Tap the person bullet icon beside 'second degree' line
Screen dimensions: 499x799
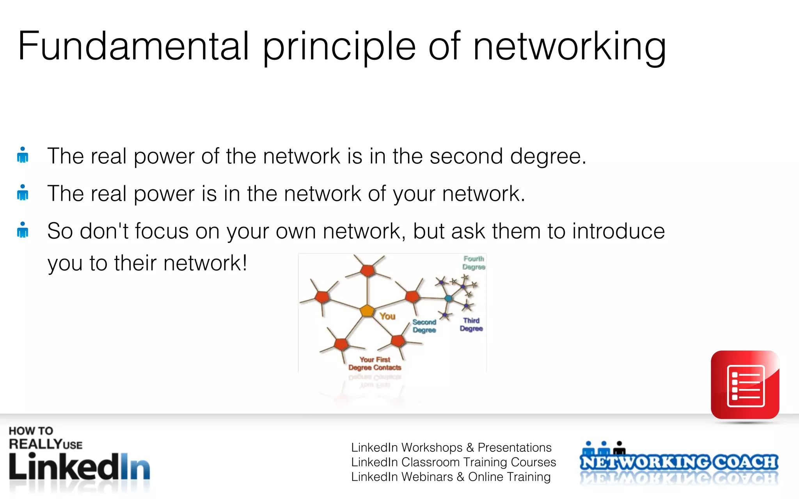click(x=23, y=155)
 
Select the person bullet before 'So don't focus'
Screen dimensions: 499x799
click(x=23, y=230)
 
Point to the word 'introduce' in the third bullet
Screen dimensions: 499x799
click(x=618, y=231)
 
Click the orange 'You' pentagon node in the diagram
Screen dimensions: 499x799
click(x=367, y=311)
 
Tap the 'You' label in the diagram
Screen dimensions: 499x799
click(x=387, y=316)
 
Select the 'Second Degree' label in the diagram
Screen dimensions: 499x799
click(x=424, y=326)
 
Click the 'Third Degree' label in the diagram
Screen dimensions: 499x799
click(x=471, y=324)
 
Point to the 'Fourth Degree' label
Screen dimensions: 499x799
click(x=474, y=263)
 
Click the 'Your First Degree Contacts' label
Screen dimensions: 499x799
click(x=375, y=363)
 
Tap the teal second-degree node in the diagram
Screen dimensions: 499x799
click(x=449, y=298)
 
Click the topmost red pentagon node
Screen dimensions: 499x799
click(x=368, y=270)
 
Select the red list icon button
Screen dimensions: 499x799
click(x=745, y=385)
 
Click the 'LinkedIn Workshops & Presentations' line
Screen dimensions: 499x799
click(x=451, y=448)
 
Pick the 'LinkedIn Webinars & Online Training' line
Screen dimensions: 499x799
click(x=451, y=477)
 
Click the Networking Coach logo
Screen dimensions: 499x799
click(x=679, y=462)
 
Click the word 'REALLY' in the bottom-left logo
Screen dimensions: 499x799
click(x=35, y=444)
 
